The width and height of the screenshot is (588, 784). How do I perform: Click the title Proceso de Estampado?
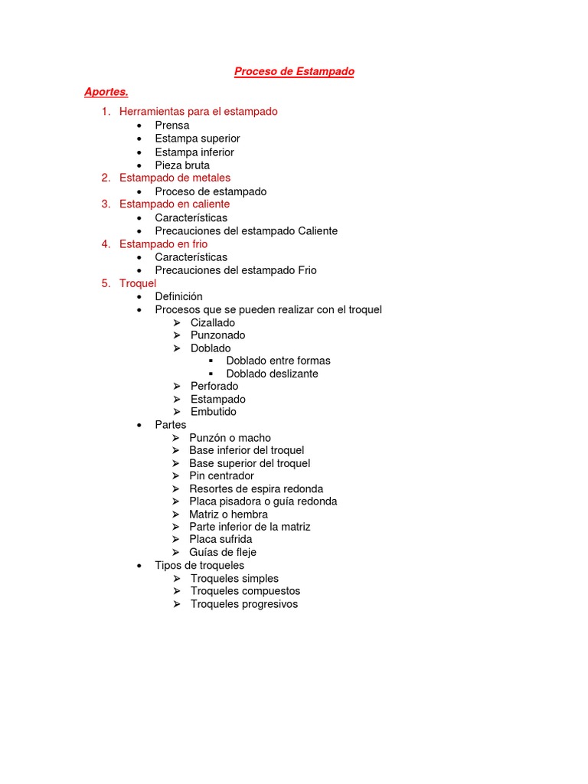[294, 72]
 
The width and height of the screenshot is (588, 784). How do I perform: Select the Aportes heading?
[106, 93]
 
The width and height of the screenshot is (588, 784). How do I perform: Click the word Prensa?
[171, 126]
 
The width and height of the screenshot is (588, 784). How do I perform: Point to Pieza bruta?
[181, 165]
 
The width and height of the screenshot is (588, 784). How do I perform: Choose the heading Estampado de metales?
[175, 178]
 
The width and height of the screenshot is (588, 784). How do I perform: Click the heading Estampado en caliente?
[174, 204]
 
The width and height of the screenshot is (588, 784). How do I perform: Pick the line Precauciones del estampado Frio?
[235, 270]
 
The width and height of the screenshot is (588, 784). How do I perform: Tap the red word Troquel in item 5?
[137, 284]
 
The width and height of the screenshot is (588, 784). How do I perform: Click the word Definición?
[178, 296]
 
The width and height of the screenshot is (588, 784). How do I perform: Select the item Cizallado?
[213, 323]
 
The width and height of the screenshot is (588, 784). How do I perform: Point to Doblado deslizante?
[272, 374]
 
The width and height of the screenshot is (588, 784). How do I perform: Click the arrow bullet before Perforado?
[176, 387]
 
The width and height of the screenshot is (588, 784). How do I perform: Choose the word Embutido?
[213, 412]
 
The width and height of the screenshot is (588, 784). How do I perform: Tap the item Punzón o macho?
[230, 438]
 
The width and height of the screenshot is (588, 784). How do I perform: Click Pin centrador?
[221, 476]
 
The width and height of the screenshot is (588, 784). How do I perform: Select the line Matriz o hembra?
[228, 514]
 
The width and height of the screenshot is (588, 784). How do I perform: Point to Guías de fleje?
[223, 552]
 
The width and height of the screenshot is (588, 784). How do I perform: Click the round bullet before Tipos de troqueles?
[139, 566]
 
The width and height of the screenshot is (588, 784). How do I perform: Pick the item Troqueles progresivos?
[244, 604]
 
